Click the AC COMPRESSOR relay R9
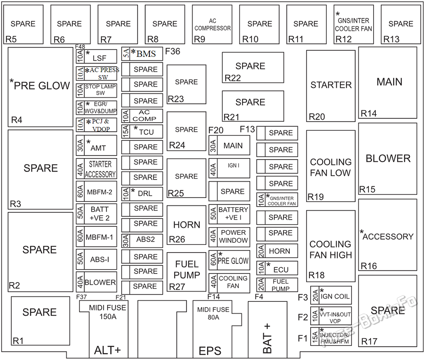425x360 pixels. pos(212,24)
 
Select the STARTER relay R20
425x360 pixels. pos(331,86)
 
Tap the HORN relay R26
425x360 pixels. pos(186,225)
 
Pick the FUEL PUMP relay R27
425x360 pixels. pos(186,272)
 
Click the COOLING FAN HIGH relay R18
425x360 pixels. pos(331,246)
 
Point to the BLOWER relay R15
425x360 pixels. pos(388,159)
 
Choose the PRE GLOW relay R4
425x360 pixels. pos(40,87)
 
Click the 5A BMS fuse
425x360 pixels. pos(142,54)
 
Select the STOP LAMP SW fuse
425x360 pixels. pos(96,90)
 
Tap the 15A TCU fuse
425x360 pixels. pos(142,132)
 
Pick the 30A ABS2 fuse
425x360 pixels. pos(142,240)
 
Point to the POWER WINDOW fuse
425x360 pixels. pos(229,237)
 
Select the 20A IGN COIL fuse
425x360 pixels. pos(331,295)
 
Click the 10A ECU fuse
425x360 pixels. pos(277,268)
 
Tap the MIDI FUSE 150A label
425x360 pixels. pos(108,312)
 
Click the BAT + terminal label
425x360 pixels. pos(267,338)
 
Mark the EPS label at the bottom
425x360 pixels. pos(210,351)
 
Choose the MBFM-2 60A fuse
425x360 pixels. pos(96,191)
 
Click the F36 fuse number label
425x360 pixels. pos(173,51)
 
